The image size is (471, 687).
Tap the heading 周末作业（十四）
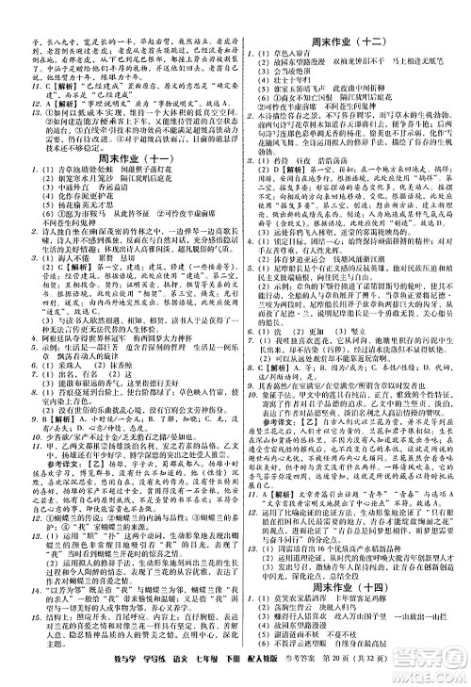click(355, 557)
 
